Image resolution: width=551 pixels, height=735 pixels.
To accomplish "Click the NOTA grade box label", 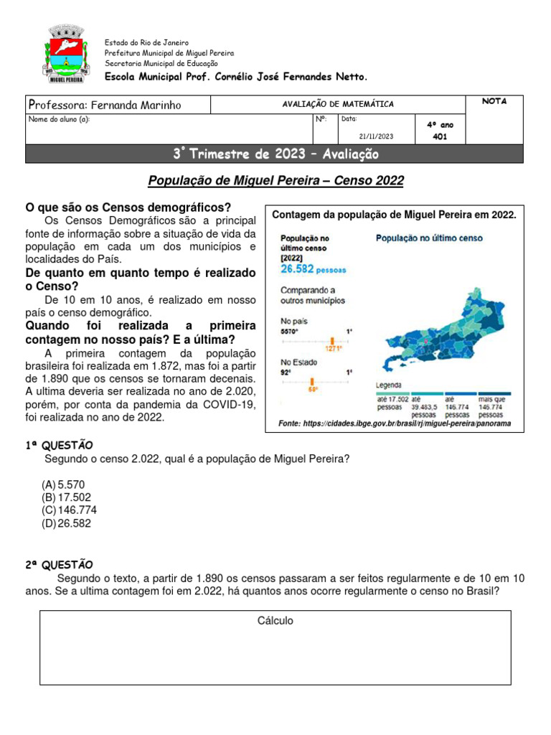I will tap(494, 101).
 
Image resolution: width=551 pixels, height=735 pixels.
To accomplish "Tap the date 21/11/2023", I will tap(376, 136).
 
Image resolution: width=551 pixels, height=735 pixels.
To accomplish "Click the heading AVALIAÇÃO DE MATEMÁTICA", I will tap(338, 105).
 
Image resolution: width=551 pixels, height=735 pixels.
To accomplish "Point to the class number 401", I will tap(440, 136).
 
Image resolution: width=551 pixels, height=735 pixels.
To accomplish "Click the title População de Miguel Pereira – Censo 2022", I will tap(275, 182).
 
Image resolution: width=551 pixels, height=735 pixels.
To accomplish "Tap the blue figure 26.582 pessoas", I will tap(313, 269).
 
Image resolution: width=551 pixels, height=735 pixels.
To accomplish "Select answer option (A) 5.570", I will tap(65, 484).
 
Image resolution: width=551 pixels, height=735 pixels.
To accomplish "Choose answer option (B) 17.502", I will tap(67, 497).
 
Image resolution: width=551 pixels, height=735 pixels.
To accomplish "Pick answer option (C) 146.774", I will tap(70, 510).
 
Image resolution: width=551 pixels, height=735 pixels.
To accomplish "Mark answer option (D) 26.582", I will tap(67, 523).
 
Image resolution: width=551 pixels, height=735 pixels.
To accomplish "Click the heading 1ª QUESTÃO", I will tap(59, 446).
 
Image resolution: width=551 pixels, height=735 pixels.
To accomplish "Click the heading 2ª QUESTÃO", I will tap(59, 565).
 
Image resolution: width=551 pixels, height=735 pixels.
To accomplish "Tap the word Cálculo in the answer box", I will tap(275, 621).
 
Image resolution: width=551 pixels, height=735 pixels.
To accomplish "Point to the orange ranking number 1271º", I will tap(332, 350).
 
